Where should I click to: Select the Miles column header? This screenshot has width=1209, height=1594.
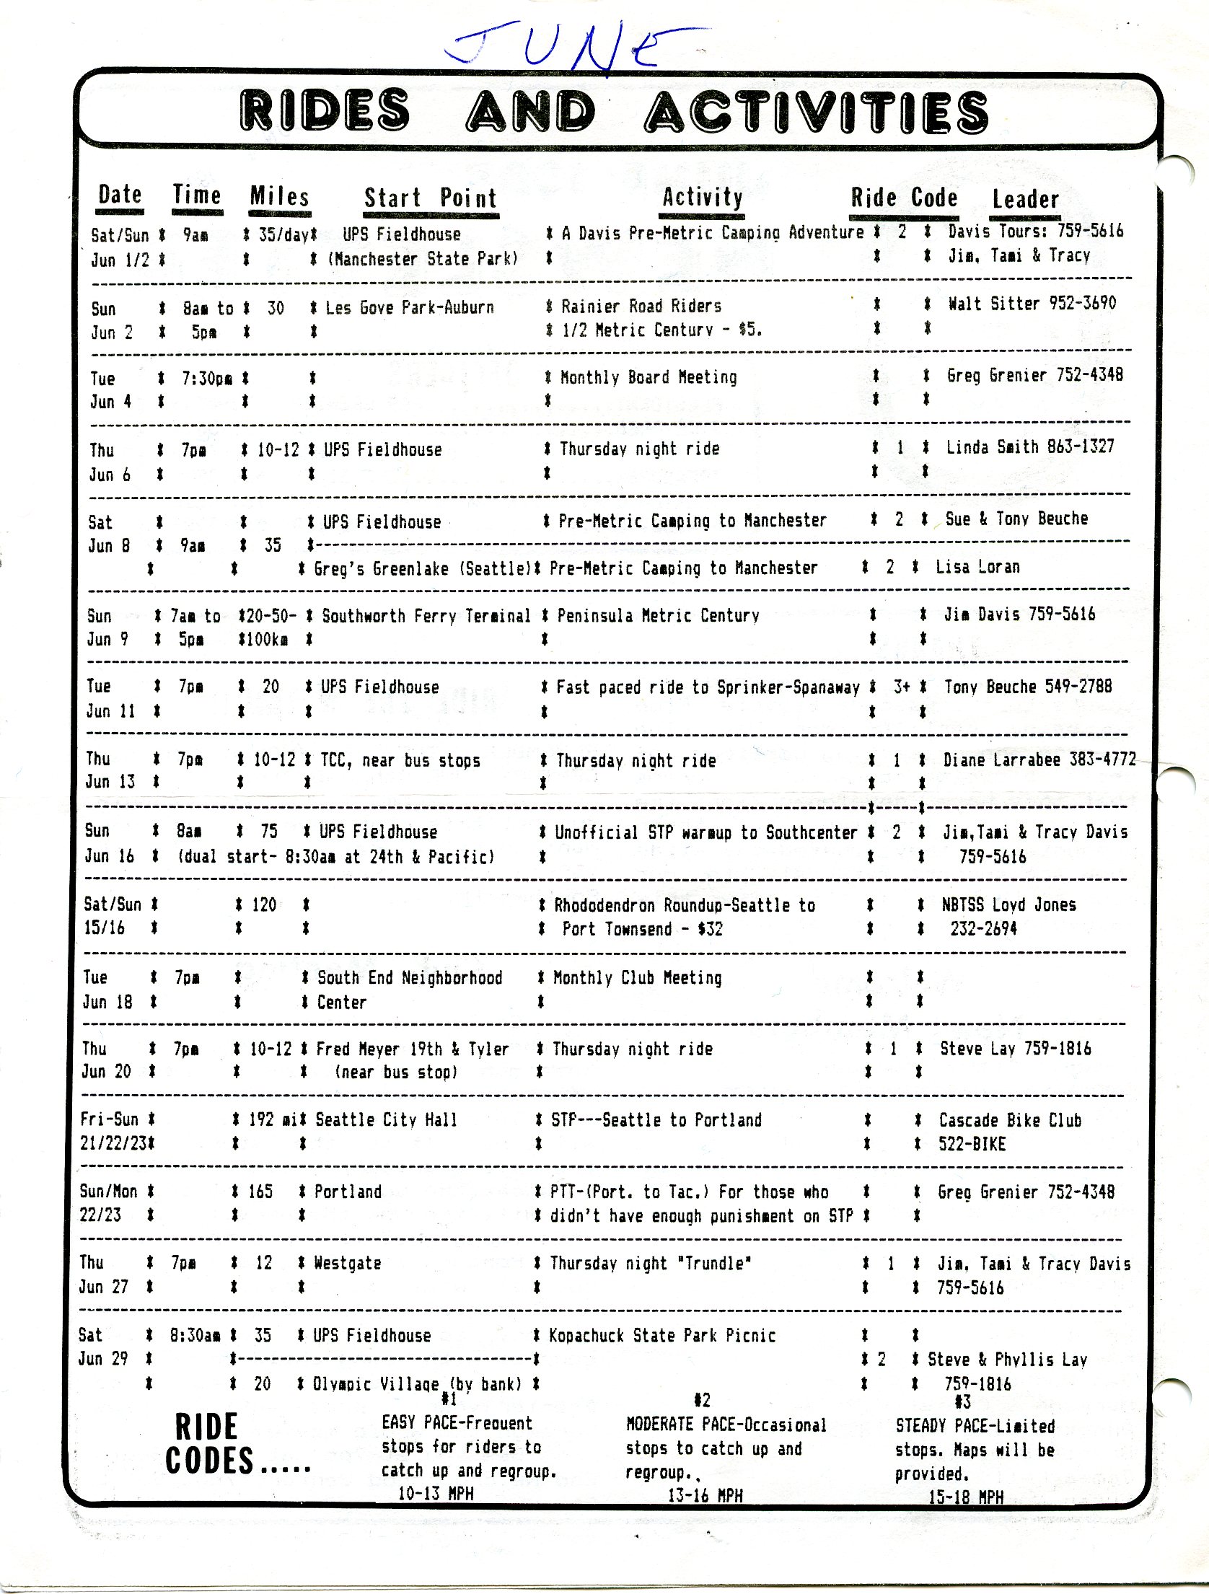click(279, 197)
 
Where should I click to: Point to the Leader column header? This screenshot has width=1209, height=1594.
click(1025, 199)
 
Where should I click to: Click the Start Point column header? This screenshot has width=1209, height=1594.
click(431, 198)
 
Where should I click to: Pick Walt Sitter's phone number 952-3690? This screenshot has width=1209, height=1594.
click(1082, 304)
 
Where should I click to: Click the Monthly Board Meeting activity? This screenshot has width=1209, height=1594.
click(649, 377)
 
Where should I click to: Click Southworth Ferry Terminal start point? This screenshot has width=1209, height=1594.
click(426, 616)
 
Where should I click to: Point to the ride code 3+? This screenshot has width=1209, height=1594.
click(902, 687)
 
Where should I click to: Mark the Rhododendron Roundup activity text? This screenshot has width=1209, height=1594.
click(685, 906)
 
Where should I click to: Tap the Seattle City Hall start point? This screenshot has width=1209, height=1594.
click(387, 1120)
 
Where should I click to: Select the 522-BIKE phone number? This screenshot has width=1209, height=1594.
click(972, 1145)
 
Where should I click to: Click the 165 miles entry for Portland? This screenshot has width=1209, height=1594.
click(260, 1192)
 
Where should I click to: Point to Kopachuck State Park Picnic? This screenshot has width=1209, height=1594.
click(662, 1336)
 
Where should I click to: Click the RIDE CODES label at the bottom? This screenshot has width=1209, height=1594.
click(208, 1444)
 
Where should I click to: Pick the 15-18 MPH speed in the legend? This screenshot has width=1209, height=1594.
click(965, 1497)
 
